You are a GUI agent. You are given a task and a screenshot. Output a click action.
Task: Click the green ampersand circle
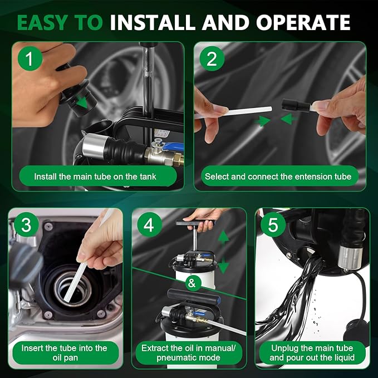pyautogui.click(x=192, y=283)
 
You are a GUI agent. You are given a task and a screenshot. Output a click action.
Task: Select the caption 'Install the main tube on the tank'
pyautogui.click(x=95, y=176)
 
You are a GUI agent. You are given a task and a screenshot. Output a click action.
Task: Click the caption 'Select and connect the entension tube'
pyautogui.click(x=278, y=176)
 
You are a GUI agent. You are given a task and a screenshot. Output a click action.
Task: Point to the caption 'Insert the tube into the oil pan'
pyautogui.click(x=64, y=353)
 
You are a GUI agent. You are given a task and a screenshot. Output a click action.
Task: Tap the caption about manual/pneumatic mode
pyautogui.click(x=189, y=353)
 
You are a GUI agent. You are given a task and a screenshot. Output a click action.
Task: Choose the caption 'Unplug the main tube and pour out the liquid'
pyautogui.click(x=311, y=353)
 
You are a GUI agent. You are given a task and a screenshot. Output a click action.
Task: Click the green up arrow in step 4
pyautogui.click(x=223, y=238)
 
